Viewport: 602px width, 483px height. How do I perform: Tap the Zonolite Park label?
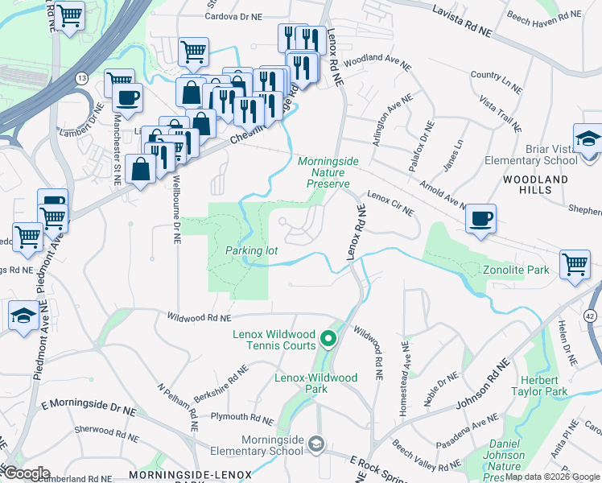(x=515, y=270)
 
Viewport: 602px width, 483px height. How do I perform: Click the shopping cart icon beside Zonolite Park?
(x=575, y=263)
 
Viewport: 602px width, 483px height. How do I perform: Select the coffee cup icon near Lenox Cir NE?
(x=480, y=218)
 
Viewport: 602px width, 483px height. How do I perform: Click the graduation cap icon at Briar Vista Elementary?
(x=588, y=138)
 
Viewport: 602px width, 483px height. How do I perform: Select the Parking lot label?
(x=251, y=250)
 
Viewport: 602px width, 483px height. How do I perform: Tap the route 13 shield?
(x=82, y=78)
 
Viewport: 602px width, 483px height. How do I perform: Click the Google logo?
(x=26, y=473)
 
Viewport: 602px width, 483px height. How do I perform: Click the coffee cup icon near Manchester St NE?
(x=126, y=99)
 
